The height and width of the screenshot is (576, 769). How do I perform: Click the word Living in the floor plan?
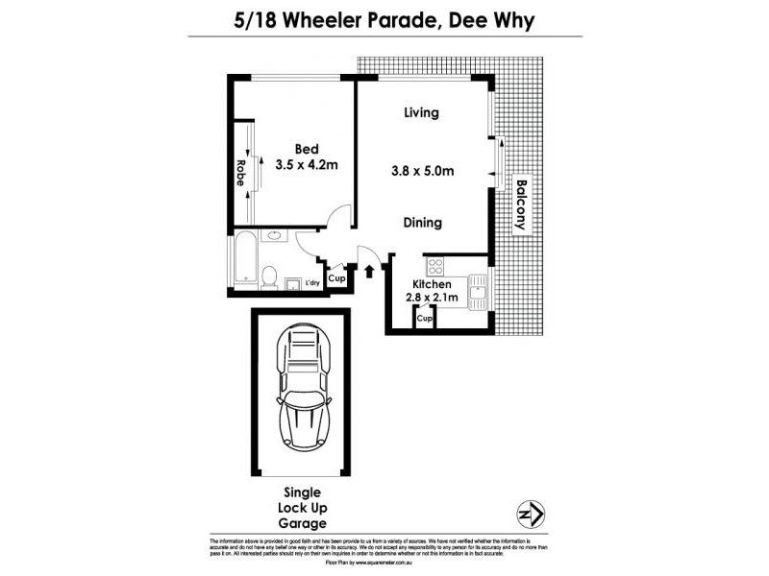click(422, 112)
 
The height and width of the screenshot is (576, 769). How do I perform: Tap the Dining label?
click(422, 223)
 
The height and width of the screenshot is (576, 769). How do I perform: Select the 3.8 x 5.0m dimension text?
click(423, 171)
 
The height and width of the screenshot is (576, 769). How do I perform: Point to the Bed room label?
click(307, 149)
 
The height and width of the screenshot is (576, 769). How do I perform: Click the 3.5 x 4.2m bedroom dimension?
click(307, 165)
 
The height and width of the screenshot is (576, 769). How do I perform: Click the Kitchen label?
click(433, 285)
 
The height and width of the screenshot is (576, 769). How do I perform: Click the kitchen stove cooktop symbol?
click(434, 266)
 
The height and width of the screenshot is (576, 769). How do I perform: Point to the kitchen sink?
click(477, 288)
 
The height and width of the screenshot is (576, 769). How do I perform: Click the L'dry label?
click(311, 283)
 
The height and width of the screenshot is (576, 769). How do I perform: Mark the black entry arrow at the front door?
click(370, 271)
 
